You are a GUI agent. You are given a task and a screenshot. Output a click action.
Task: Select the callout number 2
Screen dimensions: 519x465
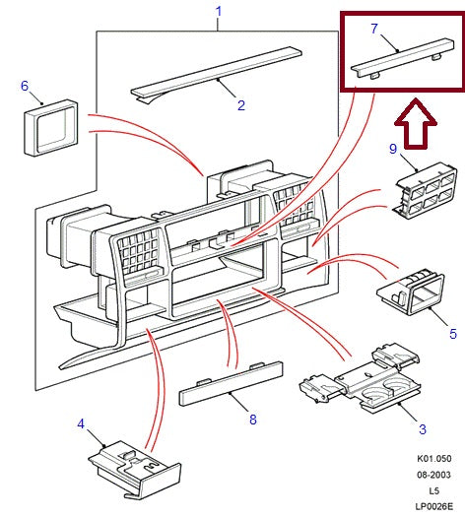tap(239, 104)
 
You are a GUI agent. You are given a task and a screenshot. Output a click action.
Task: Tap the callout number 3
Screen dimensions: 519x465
tap(423, 429)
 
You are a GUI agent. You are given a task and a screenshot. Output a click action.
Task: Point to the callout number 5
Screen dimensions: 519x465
tap(452, 335)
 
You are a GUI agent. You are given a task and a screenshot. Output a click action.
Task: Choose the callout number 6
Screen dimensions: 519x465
tap(25, 86)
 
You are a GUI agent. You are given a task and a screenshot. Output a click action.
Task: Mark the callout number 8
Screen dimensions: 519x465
tap(252, 420)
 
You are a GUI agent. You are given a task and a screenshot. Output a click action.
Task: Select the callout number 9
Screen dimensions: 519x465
tap(392, 151)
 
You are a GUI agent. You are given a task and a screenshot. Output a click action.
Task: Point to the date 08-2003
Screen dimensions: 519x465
tap(432, 474)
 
